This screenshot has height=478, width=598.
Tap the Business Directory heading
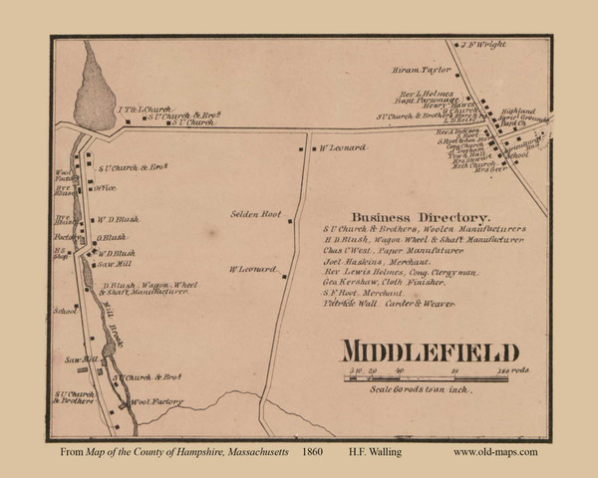419,216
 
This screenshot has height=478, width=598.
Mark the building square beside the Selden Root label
290,221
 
